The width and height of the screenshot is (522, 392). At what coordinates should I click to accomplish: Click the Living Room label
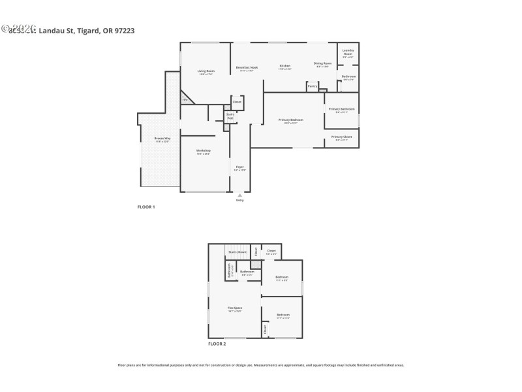pyautogui.click(x=206, y=72)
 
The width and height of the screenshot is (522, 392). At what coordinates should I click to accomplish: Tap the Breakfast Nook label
pyautogui.click(x=246, y=67)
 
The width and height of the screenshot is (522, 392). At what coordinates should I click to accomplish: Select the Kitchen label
pyautogui.click(x=284, y=66)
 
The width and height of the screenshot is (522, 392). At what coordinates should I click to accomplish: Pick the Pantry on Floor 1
pyautogui.click(x=313, y=86)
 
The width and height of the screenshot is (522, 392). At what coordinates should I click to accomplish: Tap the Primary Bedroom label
pyautogui.click(x=290, y=120)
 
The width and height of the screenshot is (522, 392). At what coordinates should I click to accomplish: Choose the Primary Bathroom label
pyautogui.click(x=341, y=109)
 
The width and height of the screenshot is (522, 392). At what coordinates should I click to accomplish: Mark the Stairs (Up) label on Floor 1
pyautogui.click(x=230, y=116)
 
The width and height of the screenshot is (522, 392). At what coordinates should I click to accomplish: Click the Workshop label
pyautogui.click(x=204, y=152)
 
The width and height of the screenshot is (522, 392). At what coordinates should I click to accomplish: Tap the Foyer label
pyautogui.click(x=239, y=168)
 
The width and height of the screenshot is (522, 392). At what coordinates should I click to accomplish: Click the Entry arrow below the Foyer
pyautogui.click(x=239, y=195)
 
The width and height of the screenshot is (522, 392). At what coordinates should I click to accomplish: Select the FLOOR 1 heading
pyautogui.click(x=146, y=207)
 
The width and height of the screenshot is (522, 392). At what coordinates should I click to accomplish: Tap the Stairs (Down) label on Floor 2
pyautogui.click(x=237, y=251)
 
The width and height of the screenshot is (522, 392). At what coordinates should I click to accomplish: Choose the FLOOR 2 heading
pyautogui.click(x=217, y=344)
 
